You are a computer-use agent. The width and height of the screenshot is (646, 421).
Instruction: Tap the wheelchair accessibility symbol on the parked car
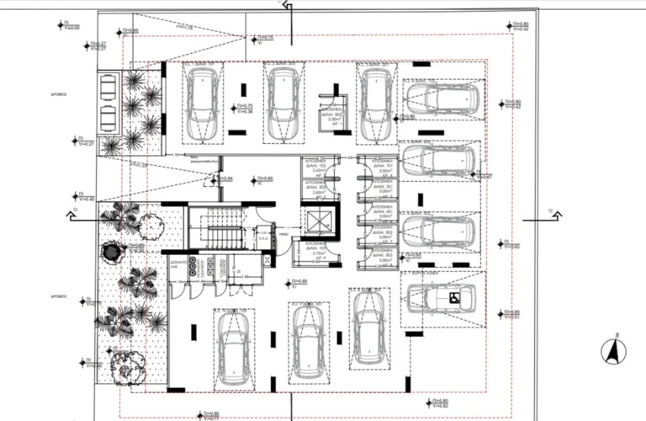[452, 297]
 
